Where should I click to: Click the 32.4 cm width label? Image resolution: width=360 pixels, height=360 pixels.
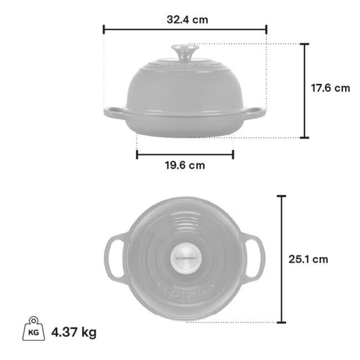pyautogui.click(x=187, y=20)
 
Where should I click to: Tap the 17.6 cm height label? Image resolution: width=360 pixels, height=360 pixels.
pyautogui.click(x=330, y=88)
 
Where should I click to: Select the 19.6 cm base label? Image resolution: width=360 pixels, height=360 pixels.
pyautogui.click(x=185, y=165)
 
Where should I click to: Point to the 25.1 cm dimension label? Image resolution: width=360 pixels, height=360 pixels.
pyautogui.click(x=308, y=259)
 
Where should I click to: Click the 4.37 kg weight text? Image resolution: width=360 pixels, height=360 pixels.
pyautogui.click(x=74, y=333)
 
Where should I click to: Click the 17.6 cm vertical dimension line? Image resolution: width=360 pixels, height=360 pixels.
pyautogui.click(x=305, y=91)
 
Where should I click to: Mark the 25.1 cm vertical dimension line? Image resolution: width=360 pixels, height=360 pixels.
pyautogui.click(x=281, y=227)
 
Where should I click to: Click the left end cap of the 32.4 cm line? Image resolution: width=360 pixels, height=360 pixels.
pyautogui.click(x=104, y=29)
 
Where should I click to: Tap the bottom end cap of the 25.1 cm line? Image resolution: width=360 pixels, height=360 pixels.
pyautogui.click(x=281, y=322)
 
